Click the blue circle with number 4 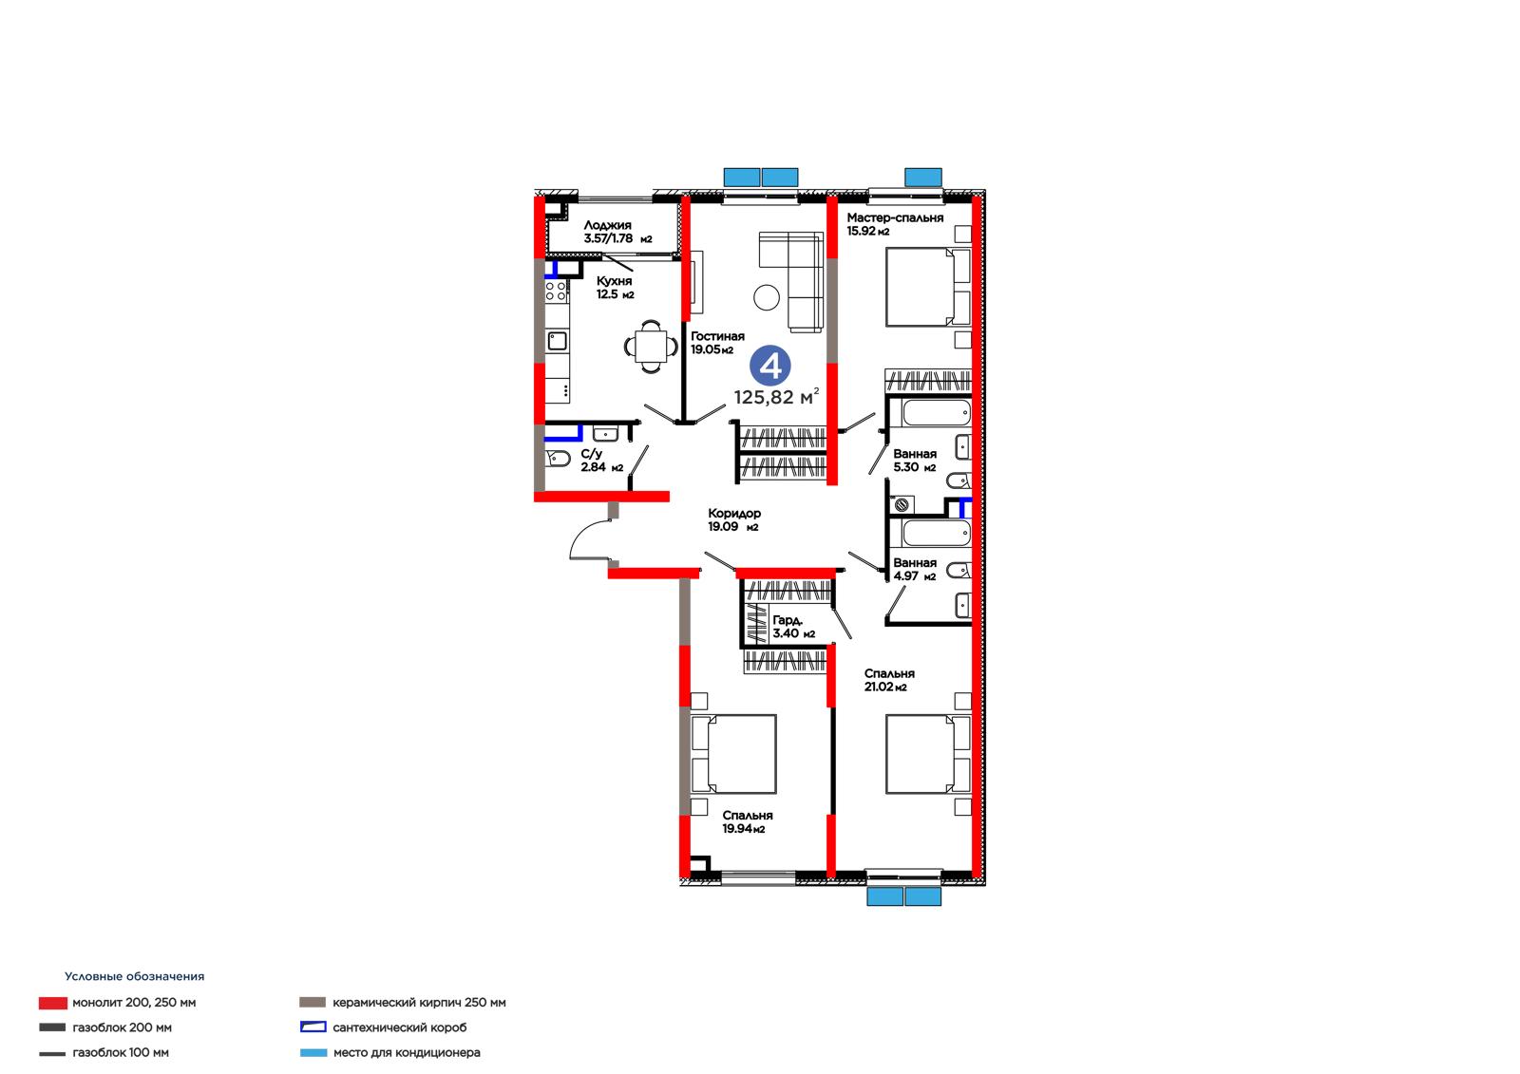[769, 366]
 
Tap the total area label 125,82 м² [776, 396]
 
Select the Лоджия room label [607, 225]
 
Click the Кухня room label [614, 281]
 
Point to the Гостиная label [717, 336]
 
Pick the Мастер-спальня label [895, 217]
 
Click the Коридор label [734, 514]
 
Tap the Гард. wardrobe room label [788, 620]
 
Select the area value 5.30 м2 [915, 467]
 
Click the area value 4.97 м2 [915, 576]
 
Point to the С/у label [591, 454]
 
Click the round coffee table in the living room [766, 297]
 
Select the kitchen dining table [651, 347]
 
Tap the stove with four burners [557, 292]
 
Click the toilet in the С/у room [557, 460]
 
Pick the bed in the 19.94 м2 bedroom [733, 754]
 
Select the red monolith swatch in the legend [53, 1003]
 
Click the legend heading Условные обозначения [134, 976]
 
